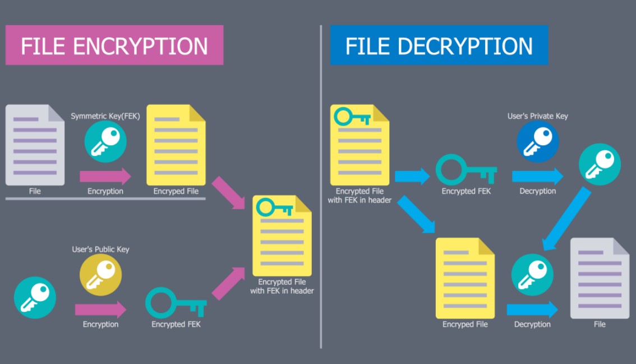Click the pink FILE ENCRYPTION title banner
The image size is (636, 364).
(x=114, y=45)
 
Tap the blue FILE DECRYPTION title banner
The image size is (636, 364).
(x=439, y=45)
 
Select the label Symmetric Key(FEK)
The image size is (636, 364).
(x=105, y=116)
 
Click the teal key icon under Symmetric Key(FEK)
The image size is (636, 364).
(x=105, y=141)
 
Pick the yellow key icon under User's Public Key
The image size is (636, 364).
(x=100, y=275)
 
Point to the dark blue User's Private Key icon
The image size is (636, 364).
(x=537, y=141)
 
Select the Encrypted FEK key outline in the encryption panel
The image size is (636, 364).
(x=176, y=303)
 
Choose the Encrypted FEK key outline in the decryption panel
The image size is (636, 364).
(x=466, y=170)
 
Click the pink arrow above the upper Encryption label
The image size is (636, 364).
(x=105, y=177)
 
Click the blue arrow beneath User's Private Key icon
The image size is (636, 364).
(x=537, y=176)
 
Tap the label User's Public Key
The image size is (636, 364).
(x=100, y=249)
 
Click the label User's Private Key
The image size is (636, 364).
(x=537, y=116)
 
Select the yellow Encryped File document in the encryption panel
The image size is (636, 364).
(x=176, y=145)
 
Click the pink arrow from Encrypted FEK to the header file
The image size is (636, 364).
(x=228, y=283)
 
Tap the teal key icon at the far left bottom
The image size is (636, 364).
(x=35, y=297)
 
